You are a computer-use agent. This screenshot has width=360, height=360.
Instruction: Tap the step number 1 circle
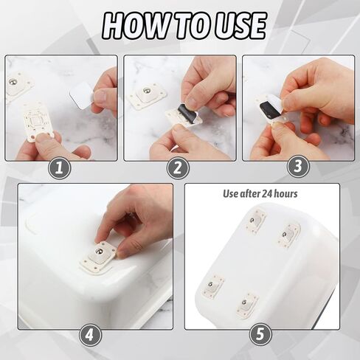tap(59, 168)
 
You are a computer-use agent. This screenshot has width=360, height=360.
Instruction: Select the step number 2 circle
tap(178, 168)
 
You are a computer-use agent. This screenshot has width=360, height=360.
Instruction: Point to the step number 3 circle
tap(298, 166)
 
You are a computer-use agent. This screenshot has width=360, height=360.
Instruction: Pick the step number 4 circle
tap(90, 334)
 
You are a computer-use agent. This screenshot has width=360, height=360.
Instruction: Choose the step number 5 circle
tap(260, 334)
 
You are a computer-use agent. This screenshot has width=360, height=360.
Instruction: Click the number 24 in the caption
tap(266, 194)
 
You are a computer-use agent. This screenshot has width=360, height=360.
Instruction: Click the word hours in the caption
tap(285, 194)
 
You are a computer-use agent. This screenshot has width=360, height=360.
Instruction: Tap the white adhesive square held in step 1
tap(80, 98)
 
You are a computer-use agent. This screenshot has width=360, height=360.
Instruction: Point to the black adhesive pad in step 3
tap(269, 108)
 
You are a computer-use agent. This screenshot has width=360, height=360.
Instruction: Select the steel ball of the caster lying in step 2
tap(147, 90)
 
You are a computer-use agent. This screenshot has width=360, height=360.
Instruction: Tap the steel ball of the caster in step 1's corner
tap(13, 82)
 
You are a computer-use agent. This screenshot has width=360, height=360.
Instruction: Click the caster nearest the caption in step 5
tap(256, 221)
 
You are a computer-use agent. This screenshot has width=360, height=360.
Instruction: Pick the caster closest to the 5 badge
tap(247, 304)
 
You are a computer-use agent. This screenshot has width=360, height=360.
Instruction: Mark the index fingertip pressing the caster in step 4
tap(100, 238)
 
